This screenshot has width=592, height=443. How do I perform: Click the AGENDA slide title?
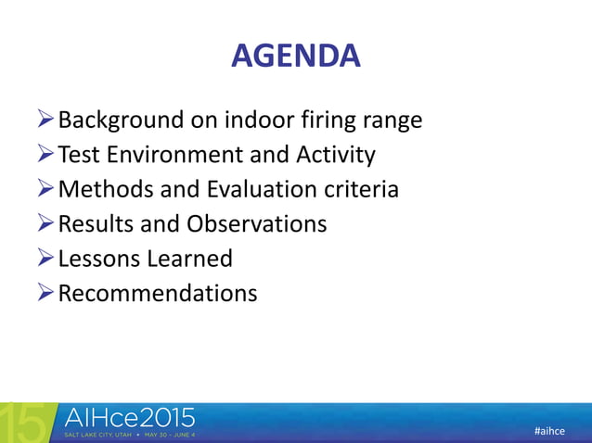[x=295, y=57]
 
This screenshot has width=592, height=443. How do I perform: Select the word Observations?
[x=257, y=224]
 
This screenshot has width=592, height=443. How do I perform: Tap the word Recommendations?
[x=158, y=294]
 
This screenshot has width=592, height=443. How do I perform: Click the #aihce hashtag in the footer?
[x=551, y=432]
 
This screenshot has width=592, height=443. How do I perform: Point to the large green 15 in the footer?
[x=22, y=423]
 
